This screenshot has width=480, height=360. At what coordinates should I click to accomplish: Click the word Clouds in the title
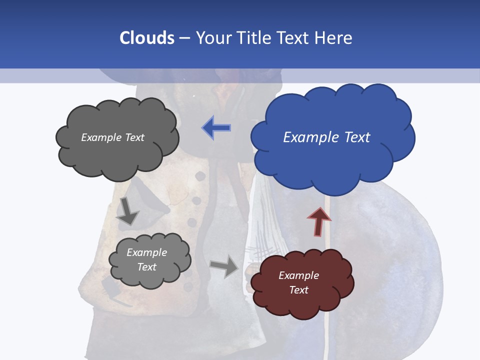pyautogui.click(x=146, y=38)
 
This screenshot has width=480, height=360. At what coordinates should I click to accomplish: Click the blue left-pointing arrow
pyautogui.click(x=216, y=128)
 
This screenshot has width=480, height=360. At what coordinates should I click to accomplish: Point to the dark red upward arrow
pyautogui.click(x=319, y=221)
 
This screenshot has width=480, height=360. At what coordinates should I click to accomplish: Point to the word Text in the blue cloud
pyautogui.click(x=357, y=137)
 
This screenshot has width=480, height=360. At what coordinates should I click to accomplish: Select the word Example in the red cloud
pyautogui.click(x=298, y=275)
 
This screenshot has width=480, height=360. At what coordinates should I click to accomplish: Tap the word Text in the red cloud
pyautogui.click(x=298, y=290)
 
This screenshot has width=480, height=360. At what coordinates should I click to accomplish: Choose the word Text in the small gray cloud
pyautogui.click(x=146, y=267)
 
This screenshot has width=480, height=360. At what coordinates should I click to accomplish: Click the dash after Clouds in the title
pyautogui.click(x=184, y=38)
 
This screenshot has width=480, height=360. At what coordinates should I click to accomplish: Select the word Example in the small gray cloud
pyautogui.click(x=146, y=252)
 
